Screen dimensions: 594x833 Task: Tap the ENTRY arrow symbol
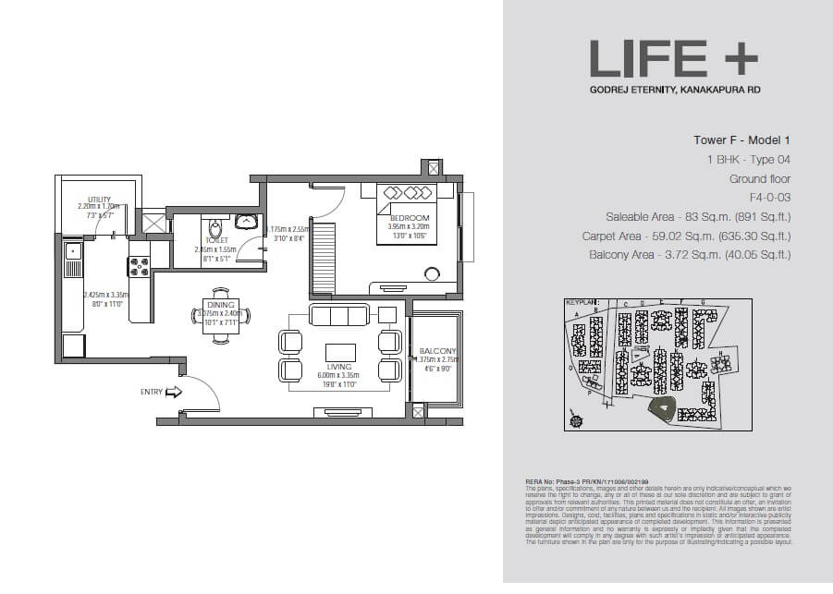[174, 392]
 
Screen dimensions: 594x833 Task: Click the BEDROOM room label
[407, 217]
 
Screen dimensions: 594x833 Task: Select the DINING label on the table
[221, 304]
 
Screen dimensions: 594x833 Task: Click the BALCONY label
[436, 351]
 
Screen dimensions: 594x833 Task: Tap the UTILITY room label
[99, 199]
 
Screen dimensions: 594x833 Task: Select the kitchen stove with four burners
[139, 267]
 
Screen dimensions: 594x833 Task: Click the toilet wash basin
[247, 222]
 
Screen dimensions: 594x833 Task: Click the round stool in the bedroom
[431, 273]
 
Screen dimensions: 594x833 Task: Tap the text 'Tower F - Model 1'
[742, 141]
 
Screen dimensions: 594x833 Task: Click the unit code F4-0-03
[770, 198]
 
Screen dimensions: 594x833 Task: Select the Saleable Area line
[698, 217]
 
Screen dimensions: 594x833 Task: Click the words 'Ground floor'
[760, 179]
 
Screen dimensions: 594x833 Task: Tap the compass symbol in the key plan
[578, 421]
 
